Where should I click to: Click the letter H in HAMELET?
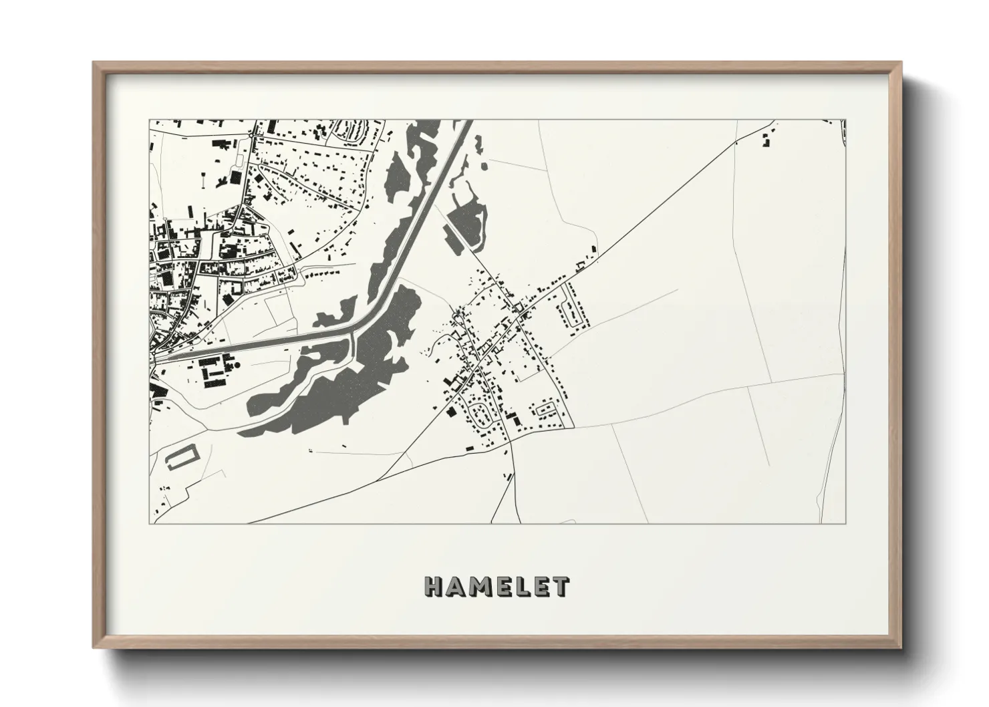coord(434,587)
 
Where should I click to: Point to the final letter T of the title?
coord(560,587)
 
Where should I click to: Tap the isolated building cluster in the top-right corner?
coord(766,140)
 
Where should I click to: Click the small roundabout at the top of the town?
coord(252,136)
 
